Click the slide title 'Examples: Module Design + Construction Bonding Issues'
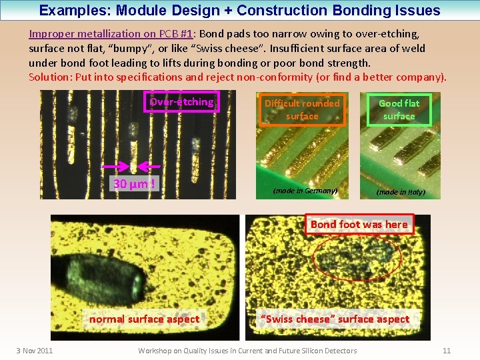tap(239, 11)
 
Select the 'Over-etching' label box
tap(181, 102)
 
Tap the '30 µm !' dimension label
tap(133, 183)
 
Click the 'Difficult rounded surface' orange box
tap(302, 110)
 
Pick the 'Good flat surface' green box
tap(399, 110)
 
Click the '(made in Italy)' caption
tap(400, 192)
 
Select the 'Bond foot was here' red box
tap(359, 224)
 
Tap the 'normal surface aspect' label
tap(144, 319)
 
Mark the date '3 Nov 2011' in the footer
tap(35, 351)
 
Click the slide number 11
tap(447, 351)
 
